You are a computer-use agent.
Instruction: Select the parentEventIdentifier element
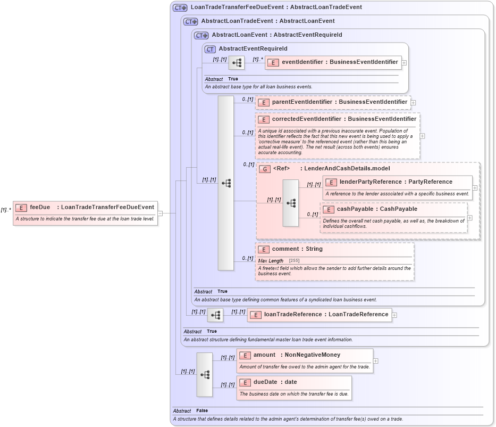[334, 102]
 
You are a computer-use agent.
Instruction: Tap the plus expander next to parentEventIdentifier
[414, 102]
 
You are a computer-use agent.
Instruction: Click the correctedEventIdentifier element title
[343, 119]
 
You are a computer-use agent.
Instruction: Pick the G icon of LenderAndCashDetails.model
[264, 169]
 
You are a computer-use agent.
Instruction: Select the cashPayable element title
[376, 209]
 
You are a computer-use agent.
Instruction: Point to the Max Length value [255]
[294, 260]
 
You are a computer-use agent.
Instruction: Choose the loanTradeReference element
[319, 315]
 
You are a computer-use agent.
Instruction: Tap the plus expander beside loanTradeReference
[394, 315]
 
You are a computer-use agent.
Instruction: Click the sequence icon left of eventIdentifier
[237, 62]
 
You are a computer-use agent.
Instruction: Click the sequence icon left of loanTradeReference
[215, 315]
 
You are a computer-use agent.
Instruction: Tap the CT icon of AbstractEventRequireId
[210, 49]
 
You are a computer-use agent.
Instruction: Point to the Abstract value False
[202, 411]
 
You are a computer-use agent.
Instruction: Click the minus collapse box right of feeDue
[161, 213]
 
